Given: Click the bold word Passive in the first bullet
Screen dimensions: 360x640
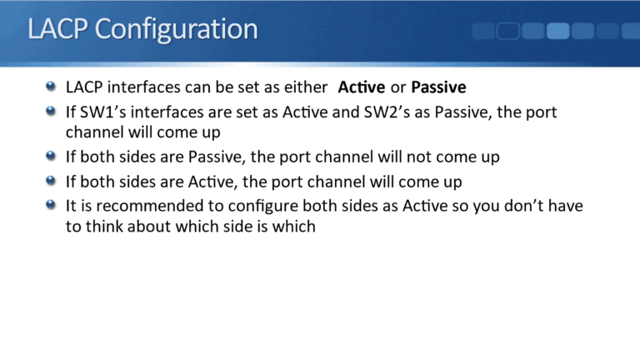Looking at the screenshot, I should point(438,87).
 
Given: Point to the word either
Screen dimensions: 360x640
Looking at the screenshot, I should point(308,87).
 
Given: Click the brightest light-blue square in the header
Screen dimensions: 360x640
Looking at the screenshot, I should point(557,32).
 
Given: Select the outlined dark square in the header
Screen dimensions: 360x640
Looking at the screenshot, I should point(508,32).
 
